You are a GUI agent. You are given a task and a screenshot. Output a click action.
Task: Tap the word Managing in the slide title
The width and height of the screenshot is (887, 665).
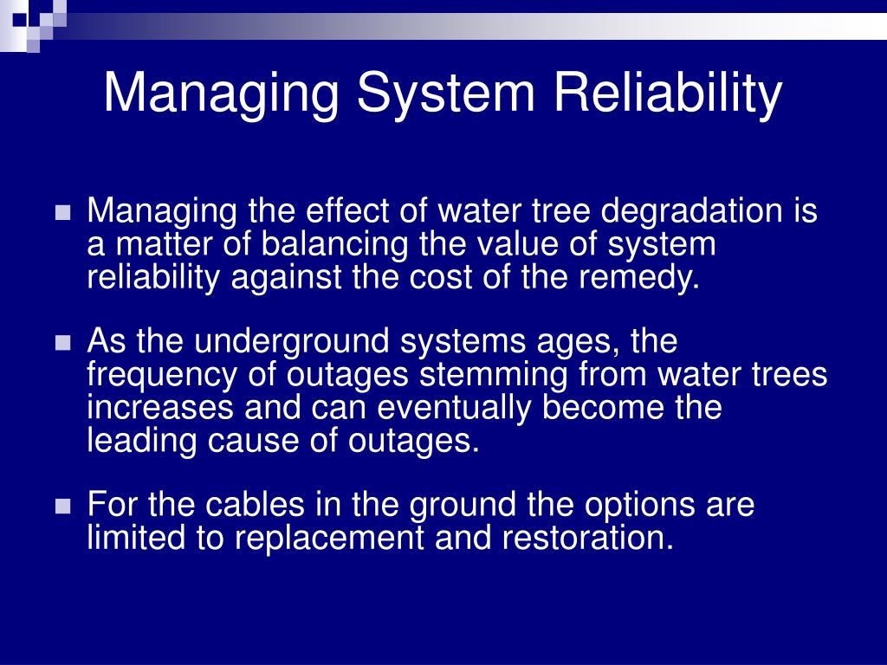click(221, 94)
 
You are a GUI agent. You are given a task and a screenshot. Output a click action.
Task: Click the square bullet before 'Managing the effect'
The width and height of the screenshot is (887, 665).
click(62, 214)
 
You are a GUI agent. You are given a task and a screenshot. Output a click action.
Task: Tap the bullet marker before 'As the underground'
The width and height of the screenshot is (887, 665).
click(62, 344)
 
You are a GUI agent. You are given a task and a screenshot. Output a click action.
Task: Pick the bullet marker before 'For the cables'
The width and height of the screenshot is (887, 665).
click(62, 507)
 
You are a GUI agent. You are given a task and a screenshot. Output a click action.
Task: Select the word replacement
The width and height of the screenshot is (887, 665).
click(325, 538)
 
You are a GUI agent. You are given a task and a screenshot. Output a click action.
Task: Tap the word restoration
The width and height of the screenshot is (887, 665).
click(587, 538)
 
